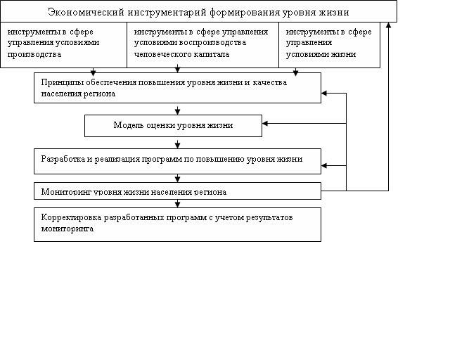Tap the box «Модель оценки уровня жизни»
click(x=173, y=125)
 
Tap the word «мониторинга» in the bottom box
click(x=67, y=229)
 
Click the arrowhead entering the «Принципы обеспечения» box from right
click(x=325, y=93)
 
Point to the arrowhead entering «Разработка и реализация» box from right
click(x=325, y=166)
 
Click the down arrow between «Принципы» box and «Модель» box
click(x=178, y=110)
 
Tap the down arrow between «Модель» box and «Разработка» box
click(x=178, y=144)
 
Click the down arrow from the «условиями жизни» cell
click(x=296, y=71)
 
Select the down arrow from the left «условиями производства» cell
click(x=93, y=71)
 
